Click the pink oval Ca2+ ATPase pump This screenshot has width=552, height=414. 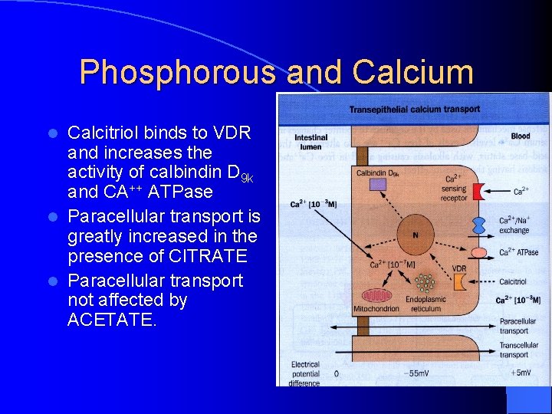[479, 252]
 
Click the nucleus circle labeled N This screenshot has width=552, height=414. [416, 235]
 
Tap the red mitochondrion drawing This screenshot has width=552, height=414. [376, 295]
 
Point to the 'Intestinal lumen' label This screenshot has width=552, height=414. [310, 142]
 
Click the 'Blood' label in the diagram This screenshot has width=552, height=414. [521, 136]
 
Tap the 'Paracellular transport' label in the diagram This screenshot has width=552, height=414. [518, 326]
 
